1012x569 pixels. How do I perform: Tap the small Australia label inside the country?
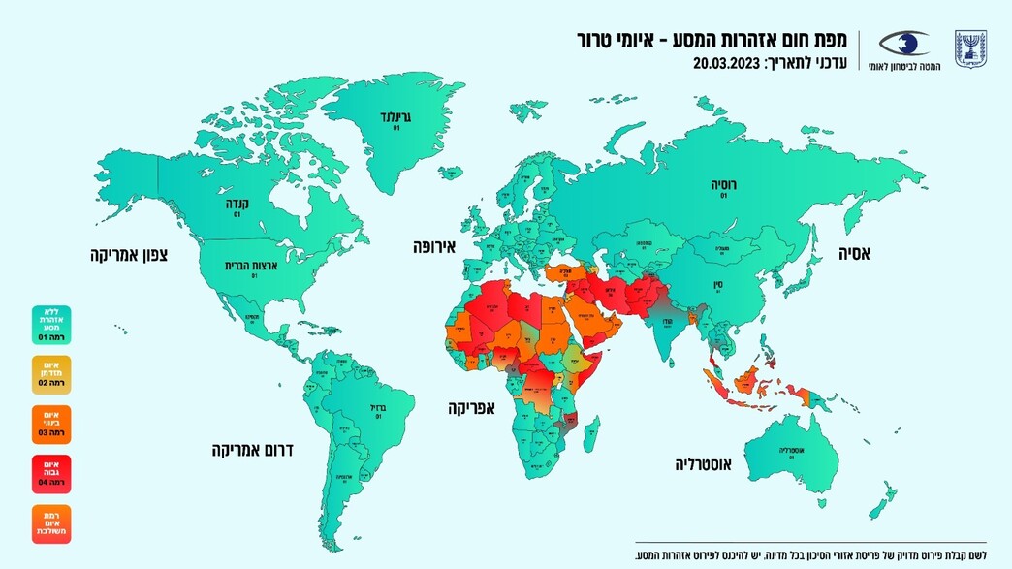791,450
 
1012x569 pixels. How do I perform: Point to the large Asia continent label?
854,255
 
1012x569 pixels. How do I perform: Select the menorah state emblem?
969,47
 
